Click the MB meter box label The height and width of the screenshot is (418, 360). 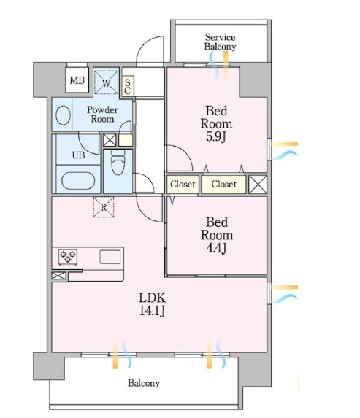(77, 80)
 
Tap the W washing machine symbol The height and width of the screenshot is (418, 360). (106, 82)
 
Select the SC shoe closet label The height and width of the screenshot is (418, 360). (128, 86)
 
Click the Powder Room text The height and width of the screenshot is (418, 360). (102, 115)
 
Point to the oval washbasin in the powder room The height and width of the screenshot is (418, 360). (64, 115)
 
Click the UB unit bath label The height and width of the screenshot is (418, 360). (78, 155)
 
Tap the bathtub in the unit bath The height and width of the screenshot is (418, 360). (78, 181)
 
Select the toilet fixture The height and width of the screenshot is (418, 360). (118, 162)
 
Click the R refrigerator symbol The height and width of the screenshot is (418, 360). (104, 207)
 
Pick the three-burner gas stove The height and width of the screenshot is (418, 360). (68, 258)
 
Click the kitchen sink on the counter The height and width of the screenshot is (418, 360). (110, 257)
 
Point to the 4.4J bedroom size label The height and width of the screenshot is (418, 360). (216, 248)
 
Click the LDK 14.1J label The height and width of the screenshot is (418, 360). (152, 303)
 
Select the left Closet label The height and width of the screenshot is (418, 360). (183, 184)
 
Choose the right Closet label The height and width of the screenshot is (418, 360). (224, 184)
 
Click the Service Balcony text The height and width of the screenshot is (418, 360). (221, 42)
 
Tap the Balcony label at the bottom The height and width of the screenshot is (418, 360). (144, 383)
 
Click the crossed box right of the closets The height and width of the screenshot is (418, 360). (258, 185)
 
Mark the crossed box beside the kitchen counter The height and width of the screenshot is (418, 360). (58, 276)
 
